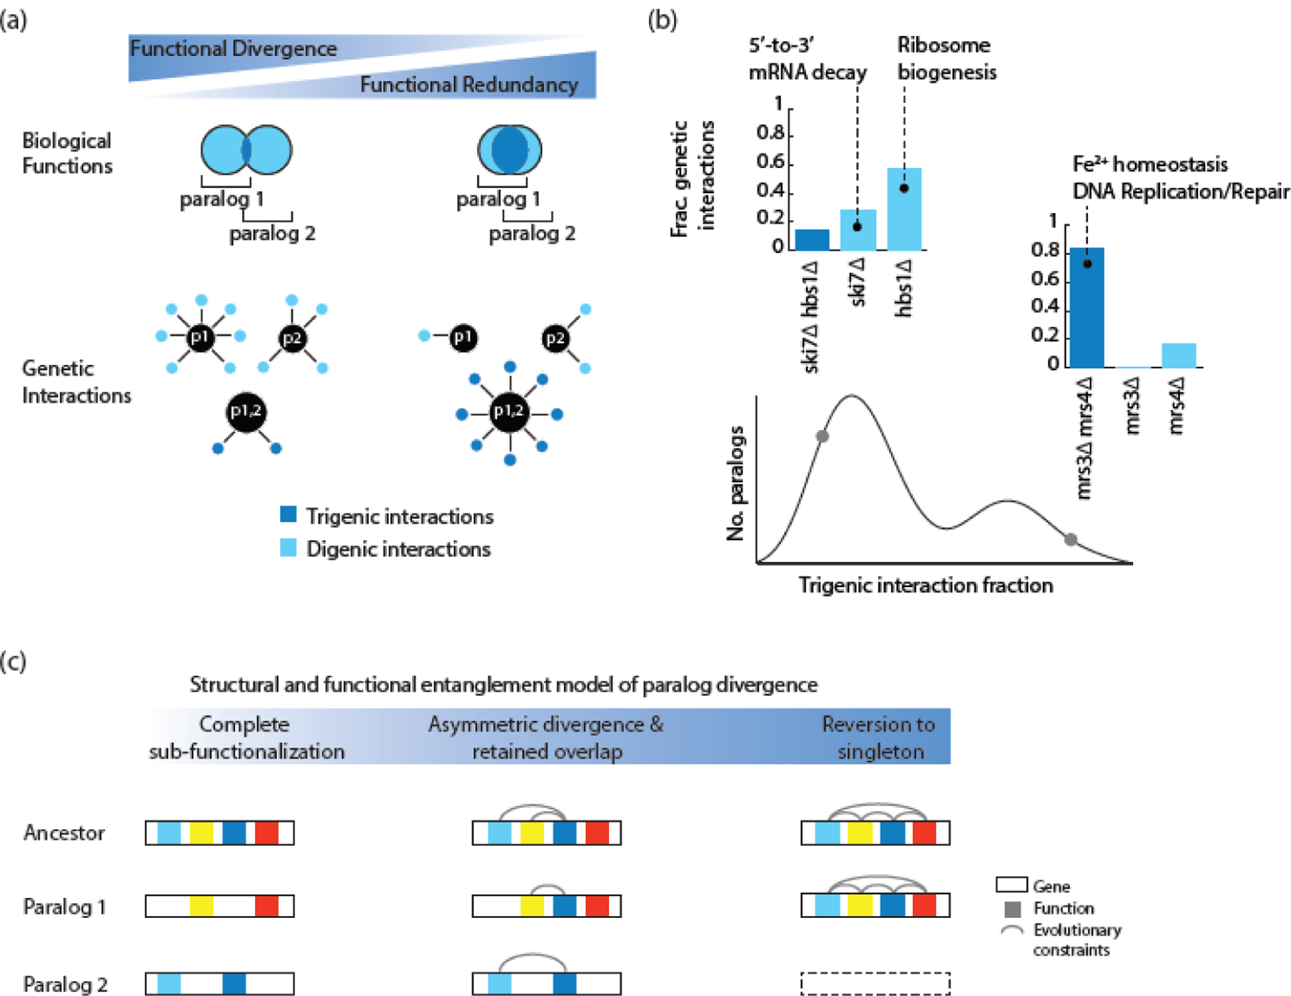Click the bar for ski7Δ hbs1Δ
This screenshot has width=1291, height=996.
click(812, 240)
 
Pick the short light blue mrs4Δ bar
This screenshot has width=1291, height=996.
click(1179, 356)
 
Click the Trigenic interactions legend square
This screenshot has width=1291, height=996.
click(288, 514)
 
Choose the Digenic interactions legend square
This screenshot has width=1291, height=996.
click(288, 547)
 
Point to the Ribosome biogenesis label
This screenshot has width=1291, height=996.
click(947, 59)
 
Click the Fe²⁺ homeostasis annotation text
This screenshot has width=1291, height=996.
click(1150, 164)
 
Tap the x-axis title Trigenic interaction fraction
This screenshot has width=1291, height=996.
click(925, 586)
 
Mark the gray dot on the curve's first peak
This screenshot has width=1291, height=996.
click(822, 436)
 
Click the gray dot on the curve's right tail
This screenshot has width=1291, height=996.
click(1070, 539)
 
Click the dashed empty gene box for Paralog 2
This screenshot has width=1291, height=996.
click(875, 983)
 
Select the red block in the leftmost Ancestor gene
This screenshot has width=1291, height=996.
click(267, 833)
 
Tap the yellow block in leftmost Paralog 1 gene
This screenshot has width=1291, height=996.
click(202, 906)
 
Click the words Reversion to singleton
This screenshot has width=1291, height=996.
click(879, 737)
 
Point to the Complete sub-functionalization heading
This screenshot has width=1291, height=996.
click(246, 737)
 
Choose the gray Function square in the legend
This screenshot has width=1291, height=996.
click(1013, 909)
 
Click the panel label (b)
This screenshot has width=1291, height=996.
click(662, 20)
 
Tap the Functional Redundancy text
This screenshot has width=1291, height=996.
click(469, 85)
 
